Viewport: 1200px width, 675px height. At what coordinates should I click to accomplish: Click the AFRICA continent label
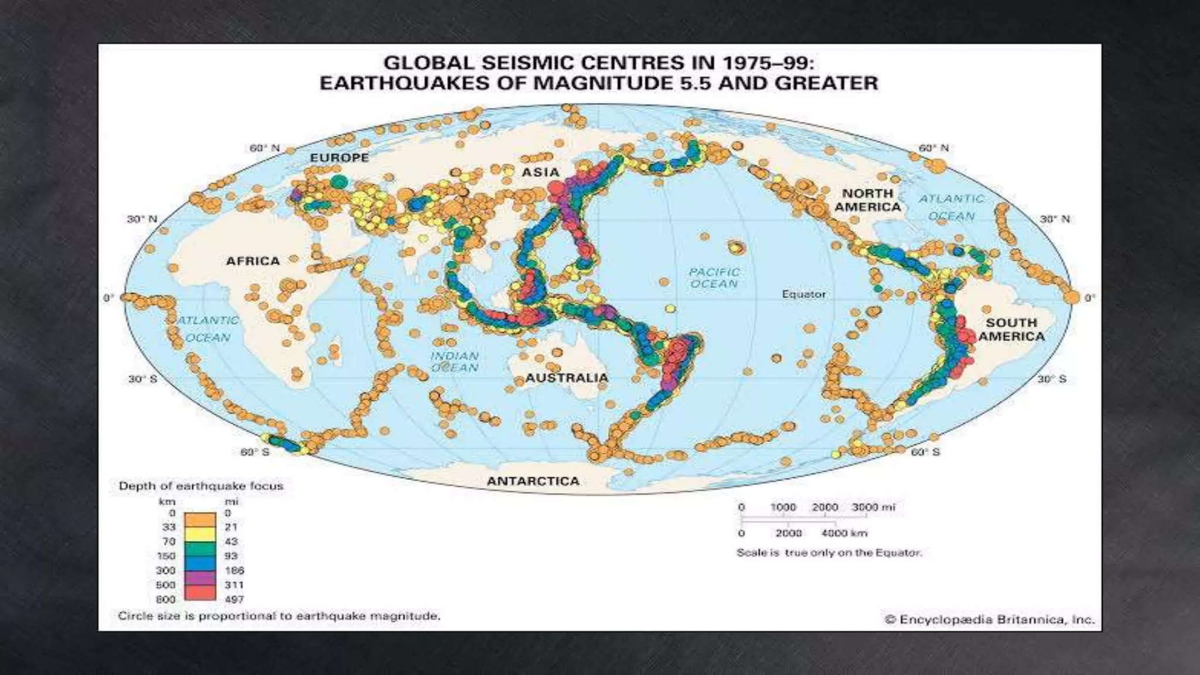pos(253,261)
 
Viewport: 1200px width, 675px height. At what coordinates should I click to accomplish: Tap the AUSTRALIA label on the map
pos(567,378)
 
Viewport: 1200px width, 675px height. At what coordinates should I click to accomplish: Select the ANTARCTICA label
pos(533,481)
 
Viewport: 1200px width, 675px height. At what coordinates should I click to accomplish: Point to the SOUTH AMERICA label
pos(1011,329)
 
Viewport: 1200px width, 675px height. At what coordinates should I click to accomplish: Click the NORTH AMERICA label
pos(868,200)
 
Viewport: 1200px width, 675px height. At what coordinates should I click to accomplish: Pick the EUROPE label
pos(339,158)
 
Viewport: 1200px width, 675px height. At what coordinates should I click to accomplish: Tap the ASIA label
pos(540,172)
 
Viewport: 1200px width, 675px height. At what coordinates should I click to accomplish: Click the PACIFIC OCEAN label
pos(714,278)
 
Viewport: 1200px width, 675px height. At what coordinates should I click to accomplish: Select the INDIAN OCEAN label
pos(455,362)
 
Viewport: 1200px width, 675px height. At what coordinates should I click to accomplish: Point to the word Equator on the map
pos(803,294)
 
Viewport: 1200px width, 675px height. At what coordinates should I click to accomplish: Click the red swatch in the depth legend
pos(200,592)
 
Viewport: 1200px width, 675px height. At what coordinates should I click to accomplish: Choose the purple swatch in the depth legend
pos(200,578)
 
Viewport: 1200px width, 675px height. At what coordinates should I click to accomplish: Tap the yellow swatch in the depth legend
pos(200,534)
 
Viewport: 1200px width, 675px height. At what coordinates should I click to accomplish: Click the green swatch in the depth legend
pos(200,549)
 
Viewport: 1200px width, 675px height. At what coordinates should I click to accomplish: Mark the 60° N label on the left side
pos(264,148)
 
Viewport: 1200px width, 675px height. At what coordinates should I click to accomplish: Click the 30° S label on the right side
pos(1052,379)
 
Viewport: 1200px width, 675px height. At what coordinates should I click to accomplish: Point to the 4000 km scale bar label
pos(844,533)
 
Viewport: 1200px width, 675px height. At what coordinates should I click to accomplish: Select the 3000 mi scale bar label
pos(873,507)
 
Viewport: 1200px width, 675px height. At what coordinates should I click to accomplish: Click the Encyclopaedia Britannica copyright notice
pos(989,619)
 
